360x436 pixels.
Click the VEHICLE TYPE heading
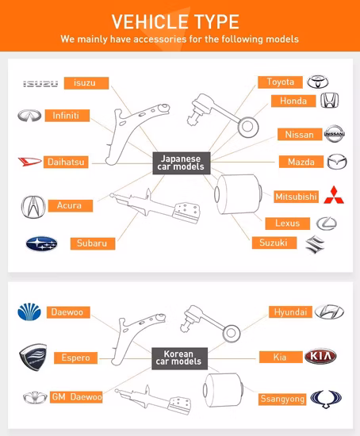(175, 21)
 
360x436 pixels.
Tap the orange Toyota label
(280, 82)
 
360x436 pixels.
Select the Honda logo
(330, 101)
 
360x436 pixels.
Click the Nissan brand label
(299, 135)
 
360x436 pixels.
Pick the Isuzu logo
(40, 83)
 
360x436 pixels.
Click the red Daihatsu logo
(29, 163)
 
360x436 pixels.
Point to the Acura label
(69, 205)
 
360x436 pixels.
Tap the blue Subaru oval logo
(41, 243)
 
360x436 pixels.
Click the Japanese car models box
(181, 163)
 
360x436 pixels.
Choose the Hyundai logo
(329, 312)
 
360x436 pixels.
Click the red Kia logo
(325, 357)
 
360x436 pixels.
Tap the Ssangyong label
(283, 399)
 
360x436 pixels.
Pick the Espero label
(75, 358)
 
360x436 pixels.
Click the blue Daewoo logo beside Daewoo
(31, 312)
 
